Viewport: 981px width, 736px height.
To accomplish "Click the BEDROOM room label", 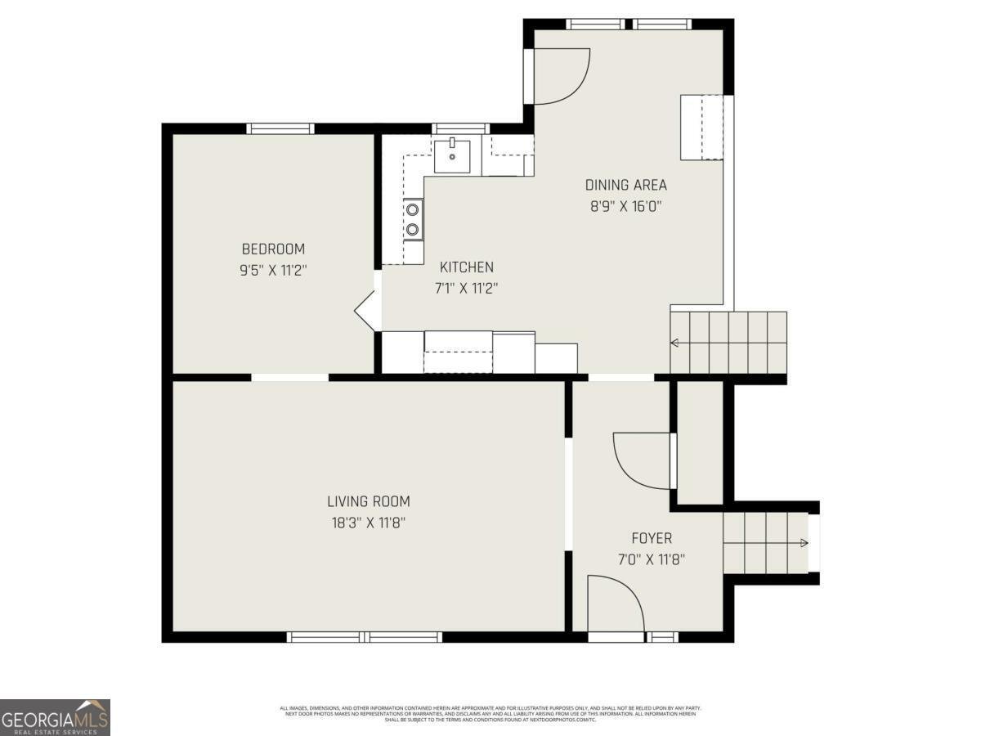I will pos(273,249).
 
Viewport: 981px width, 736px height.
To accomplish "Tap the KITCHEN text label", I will pos(467,267).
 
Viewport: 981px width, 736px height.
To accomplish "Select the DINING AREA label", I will pos(625,185).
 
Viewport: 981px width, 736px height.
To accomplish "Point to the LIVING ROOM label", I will pos(369,502).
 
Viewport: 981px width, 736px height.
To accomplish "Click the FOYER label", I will pos(652,538).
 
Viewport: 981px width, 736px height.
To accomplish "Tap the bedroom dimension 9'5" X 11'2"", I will pos(273,270).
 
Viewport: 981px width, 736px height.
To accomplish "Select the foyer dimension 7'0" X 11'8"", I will pos(652,560).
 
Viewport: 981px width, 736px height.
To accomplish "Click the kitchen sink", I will pos(451,155).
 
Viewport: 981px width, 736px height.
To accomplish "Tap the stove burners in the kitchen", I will pos(413,219).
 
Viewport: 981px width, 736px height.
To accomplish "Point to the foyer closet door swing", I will pos(642,461).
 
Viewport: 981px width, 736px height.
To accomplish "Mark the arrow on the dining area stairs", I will pos(674,343).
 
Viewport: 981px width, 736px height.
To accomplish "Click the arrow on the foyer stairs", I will pos(804,543).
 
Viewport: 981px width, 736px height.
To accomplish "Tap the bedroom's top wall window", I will pos(280,128).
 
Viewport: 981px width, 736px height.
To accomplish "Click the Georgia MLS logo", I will pos(55,717).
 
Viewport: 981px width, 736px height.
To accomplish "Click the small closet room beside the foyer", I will pos(701,442).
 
